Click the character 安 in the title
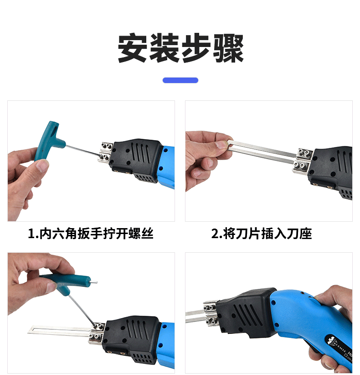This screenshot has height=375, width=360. coord(133,48)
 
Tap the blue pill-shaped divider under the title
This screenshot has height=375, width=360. coord(180,80)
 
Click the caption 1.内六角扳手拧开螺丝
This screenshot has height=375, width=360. coord(91,234)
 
